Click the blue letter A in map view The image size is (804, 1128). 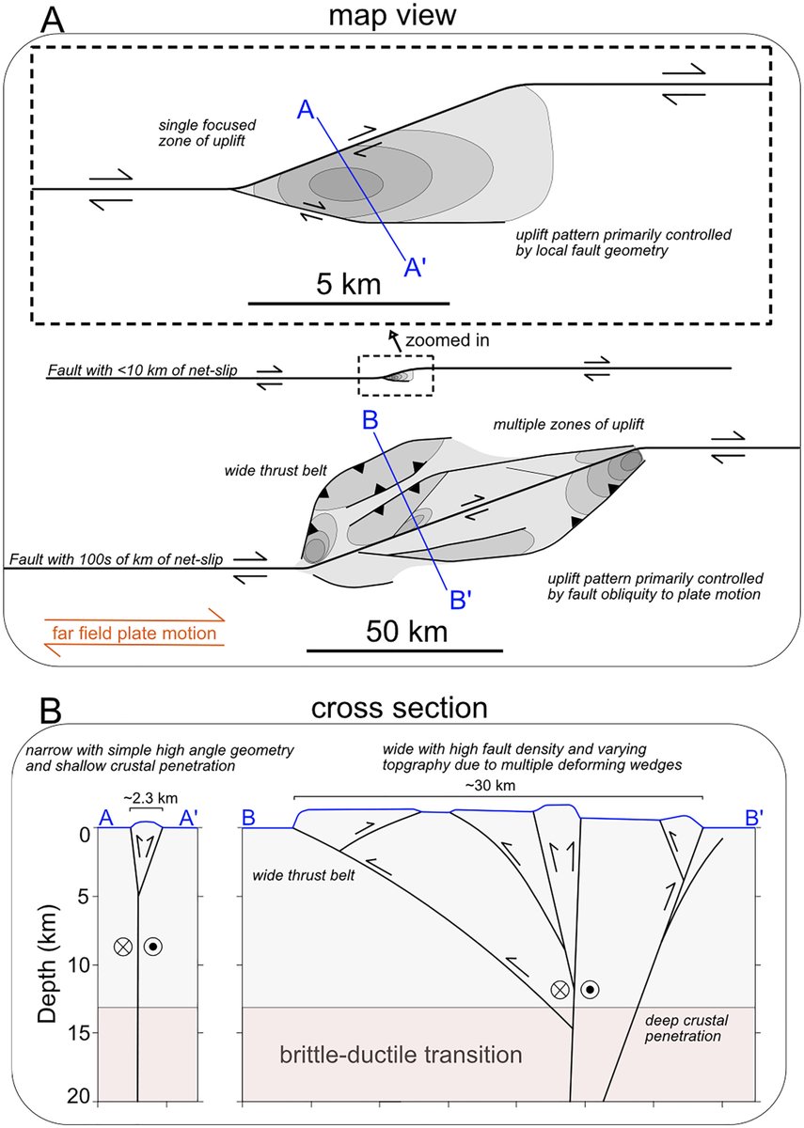(x=305, y=109)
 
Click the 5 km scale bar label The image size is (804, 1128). (x=348, y=284)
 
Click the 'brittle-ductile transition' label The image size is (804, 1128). (x=402, y=1055)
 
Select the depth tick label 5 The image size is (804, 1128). (x=83, y=899)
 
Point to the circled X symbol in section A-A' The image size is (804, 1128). (x=122, y=947)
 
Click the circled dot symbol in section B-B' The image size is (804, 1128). (x=590, y=988)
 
